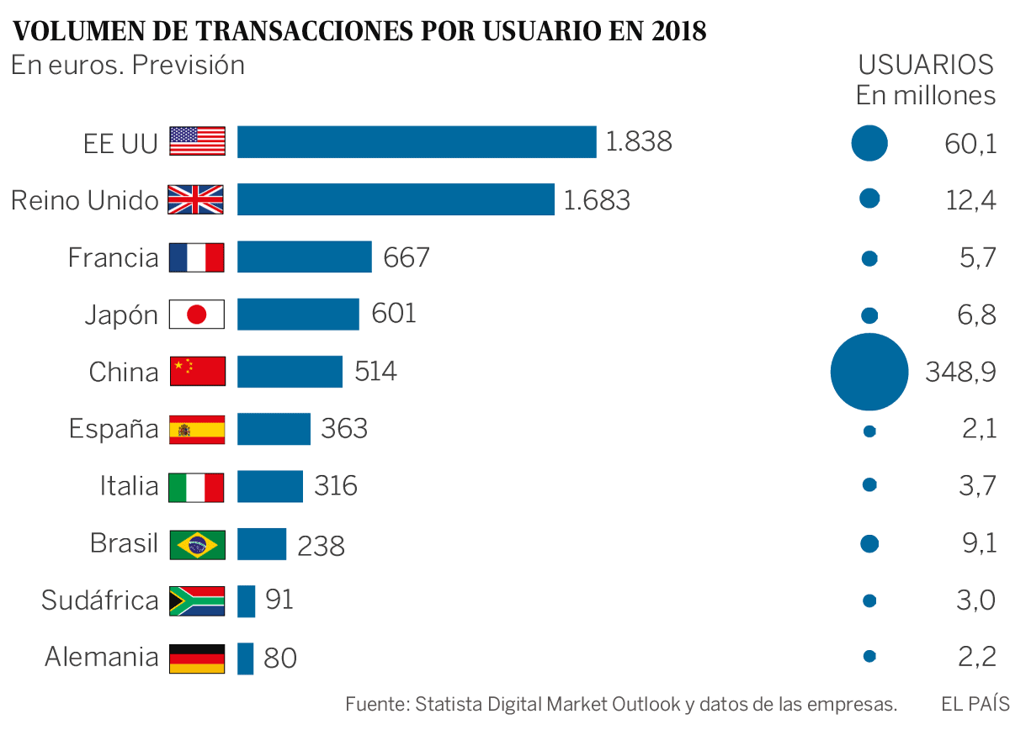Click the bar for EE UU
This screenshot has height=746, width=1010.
417,141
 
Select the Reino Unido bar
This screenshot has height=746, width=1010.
396,199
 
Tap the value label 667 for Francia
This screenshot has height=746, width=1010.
407,257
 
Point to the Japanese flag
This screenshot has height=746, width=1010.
197,315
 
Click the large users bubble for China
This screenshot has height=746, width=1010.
869,372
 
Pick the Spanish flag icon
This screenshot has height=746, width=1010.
197,430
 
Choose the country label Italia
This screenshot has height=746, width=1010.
129,486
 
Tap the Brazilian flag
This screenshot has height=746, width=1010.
197,544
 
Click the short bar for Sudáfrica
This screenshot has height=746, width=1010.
246,601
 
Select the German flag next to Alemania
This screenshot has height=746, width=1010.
197,658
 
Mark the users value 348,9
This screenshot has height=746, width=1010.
960,372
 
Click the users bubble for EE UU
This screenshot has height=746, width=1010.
869,143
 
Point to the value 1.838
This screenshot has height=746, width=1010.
639,141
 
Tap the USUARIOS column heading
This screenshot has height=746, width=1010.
926,65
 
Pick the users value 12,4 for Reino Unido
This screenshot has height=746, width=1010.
970,200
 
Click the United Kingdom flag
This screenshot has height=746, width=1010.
197,199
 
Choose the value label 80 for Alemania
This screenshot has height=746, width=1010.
280,658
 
